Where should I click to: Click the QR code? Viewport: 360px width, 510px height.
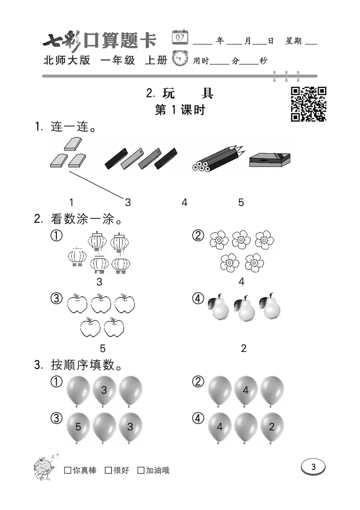pos(308,104)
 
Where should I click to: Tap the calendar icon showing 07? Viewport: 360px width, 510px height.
pos(180,37)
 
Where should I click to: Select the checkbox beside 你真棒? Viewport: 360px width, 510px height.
pos(68,470)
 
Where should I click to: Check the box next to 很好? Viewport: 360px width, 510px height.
pos(108,470)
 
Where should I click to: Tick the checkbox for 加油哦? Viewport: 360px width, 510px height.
pos(141,470)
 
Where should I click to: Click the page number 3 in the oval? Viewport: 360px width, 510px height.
pos(313,467)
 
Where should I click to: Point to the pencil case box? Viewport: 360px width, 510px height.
pos(269,160)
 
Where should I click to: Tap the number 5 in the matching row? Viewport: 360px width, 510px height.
pos(241,203)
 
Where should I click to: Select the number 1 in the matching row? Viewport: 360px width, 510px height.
pos(72,203)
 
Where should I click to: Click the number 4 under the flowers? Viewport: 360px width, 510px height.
pos(242,282)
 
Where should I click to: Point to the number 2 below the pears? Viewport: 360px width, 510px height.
pos(243,348)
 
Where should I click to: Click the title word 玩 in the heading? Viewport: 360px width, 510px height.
pos(169,93)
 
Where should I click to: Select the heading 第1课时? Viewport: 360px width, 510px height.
pos(180,110)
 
